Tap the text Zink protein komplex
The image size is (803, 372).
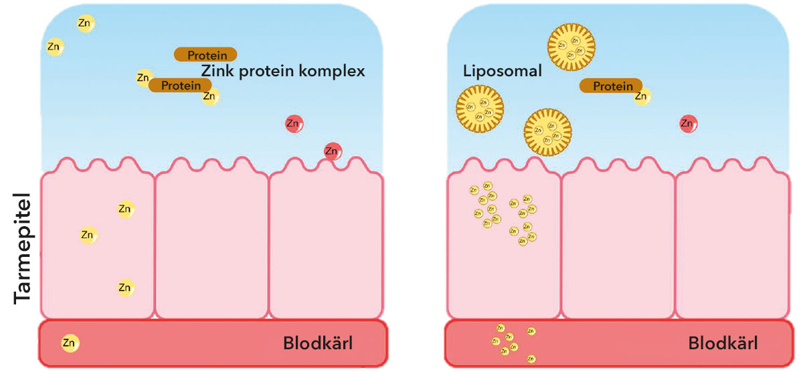point(283,71)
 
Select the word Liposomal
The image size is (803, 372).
point(502,71)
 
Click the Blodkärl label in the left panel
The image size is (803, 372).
point(317,344)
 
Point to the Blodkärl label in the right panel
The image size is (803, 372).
point(723,344)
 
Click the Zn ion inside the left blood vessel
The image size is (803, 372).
point(70,343)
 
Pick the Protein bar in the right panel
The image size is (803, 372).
point(610,86)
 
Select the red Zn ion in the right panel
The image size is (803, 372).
point(688,123)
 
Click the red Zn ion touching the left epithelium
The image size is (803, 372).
point(333,151)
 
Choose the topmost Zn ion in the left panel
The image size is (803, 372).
point(85,23)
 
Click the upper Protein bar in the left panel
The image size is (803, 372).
point(205,54)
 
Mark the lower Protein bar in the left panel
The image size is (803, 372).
point(180,85)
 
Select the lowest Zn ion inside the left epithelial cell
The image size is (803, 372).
point(125,288)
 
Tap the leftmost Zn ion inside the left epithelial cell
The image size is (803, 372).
point(88,235)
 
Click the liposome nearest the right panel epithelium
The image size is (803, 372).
point(547,132)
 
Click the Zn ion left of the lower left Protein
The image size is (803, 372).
point(143,78)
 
